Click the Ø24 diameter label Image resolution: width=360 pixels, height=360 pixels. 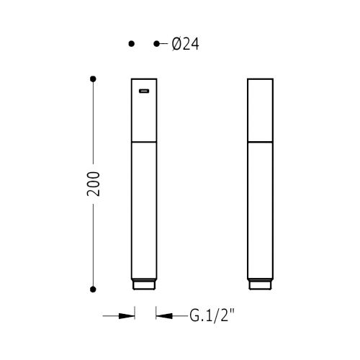click(x=186, y=44)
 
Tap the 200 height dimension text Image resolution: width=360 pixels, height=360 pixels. click(x=94, y=184)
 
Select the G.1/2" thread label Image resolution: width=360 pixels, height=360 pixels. click(x=212, y=315)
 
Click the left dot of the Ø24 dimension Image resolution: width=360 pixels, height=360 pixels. click(x=132, y=44)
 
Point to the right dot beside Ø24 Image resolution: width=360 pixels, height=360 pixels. click(x=156, y=44)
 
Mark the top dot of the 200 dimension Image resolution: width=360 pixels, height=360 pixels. click(x=93, y=79)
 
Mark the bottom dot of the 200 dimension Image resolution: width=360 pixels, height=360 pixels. click(x=93, y=289)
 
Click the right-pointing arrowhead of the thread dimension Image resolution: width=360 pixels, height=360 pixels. click(x=127, y=316)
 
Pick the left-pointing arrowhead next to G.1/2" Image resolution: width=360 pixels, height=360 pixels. click(x=164, y=316)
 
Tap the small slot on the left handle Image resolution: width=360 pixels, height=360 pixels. click(x=144, y=91)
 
